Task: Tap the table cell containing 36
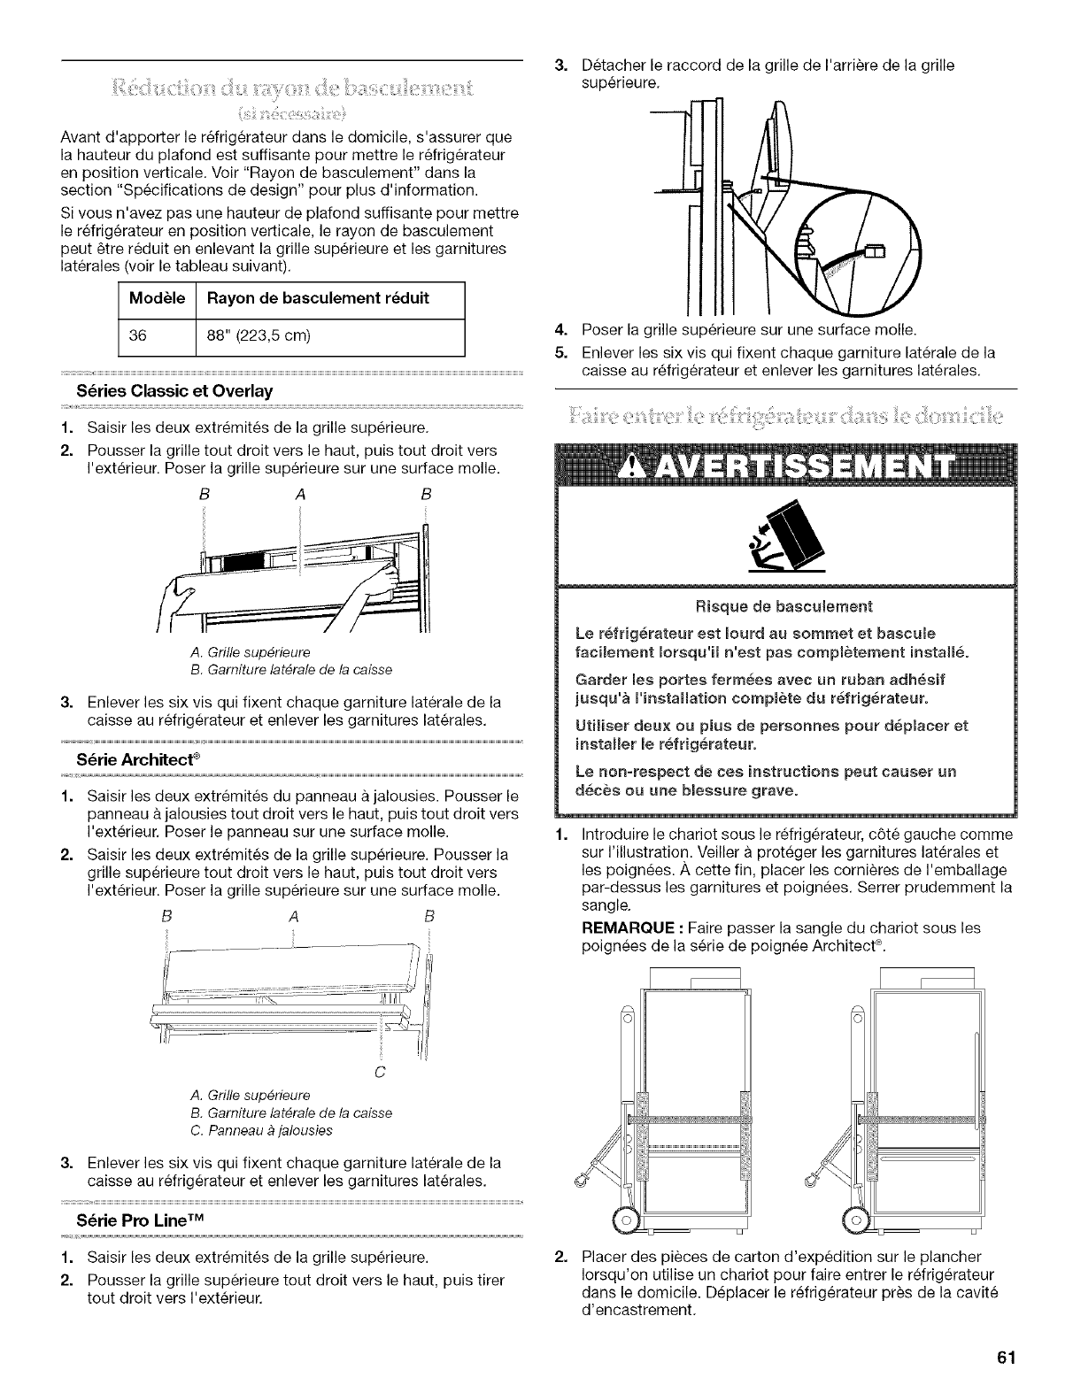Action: pyautogui.click(x=137, y=336)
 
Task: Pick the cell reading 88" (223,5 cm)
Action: pyautogui.click(x=256, y=336)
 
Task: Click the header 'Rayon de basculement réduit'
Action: pyautogui.click(x=317, y=298)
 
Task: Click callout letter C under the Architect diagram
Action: pyautogui.click(x=380, y=1072)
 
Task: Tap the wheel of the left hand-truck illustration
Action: pyautogui.click(x=627, y=1218)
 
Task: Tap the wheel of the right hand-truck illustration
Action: pyautogui.click(x=856, y=1218)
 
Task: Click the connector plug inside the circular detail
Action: pyautogui.click(x=873, y=252)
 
